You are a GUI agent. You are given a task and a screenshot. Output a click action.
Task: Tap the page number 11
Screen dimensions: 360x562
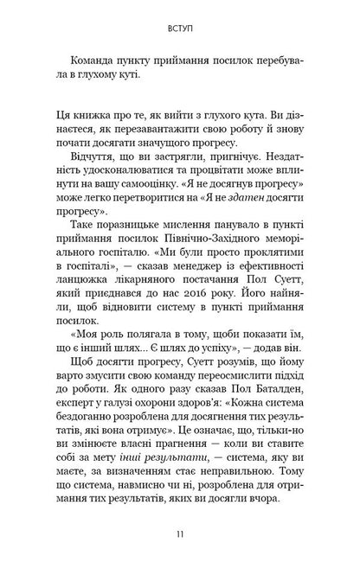[180, 536]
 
